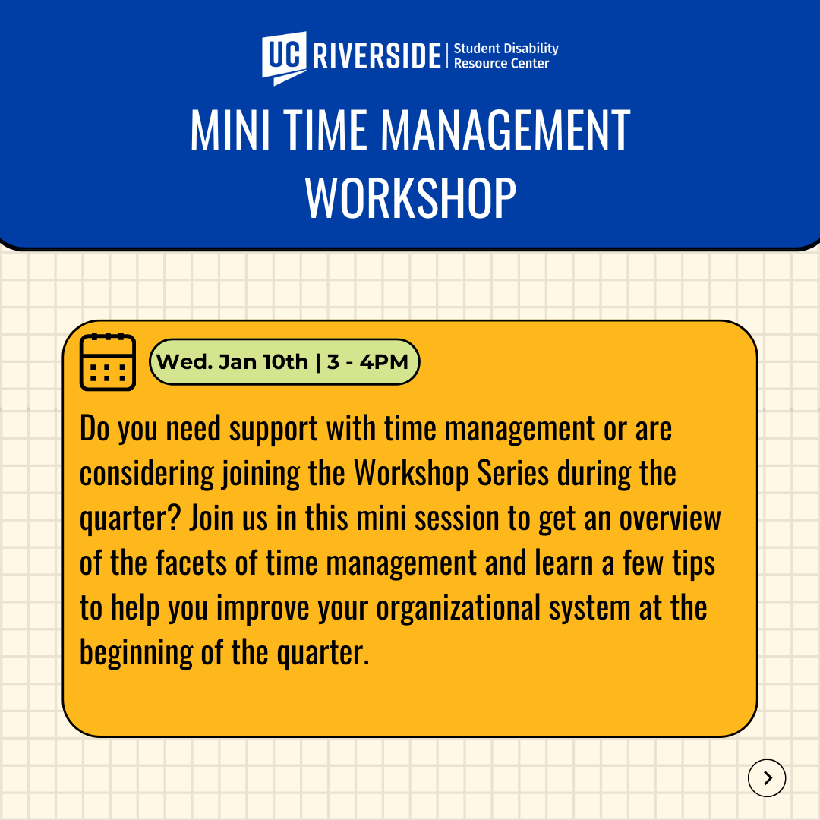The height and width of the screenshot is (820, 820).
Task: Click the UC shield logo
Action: click(x=284, y=58)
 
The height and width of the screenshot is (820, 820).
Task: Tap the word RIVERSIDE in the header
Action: click(x=377, y=55)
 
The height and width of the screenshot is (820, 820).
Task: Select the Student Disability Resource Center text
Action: click(x=506, y=55)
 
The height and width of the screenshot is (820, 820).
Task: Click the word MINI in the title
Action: click(x=229, y=131)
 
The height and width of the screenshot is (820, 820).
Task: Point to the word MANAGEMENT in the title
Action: click(x=505, y=131)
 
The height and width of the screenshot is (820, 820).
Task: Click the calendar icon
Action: click(x=108, y=362)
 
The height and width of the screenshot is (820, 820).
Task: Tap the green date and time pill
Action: click(x=284, y=362)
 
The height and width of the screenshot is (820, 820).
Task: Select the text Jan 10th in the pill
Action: click(x=263, y=362)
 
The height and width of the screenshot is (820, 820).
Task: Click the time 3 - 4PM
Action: click(x=367, y=362)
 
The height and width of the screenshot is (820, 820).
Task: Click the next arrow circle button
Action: click(x=767, y=778)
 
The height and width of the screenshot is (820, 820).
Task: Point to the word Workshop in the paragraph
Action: click(x=411, y=474)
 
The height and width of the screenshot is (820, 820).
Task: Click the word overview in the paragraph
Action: click(x=670, y=519)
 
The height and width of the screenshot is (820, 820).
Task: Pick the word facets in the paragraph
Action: click(x=191, y=563)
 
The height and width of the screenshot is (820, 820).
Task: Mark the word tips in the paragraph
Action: click(x=693, y=564)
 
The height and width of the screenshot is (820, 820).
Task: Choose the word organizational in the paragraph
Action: click(x=459, y=609)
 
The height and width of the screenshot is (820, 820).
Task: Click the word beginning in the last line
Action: click(x=137, y=654)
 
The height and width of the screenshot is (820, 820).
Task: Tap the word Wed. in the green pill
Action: click(x=184, y=362)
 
